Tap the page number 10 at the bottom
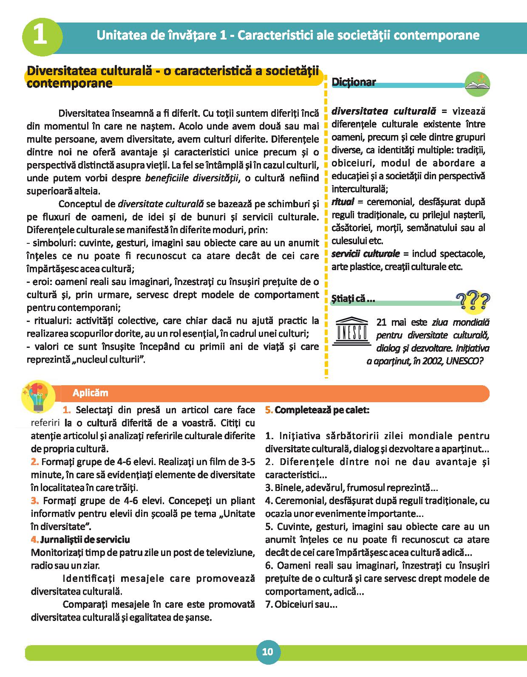(267, 652)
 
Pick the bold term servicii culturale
(365, 254)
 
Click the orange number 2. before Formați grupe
(35, 462)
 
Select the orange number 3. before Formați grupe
(35, 501)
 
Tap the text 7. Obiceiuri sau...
(301, 604)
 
